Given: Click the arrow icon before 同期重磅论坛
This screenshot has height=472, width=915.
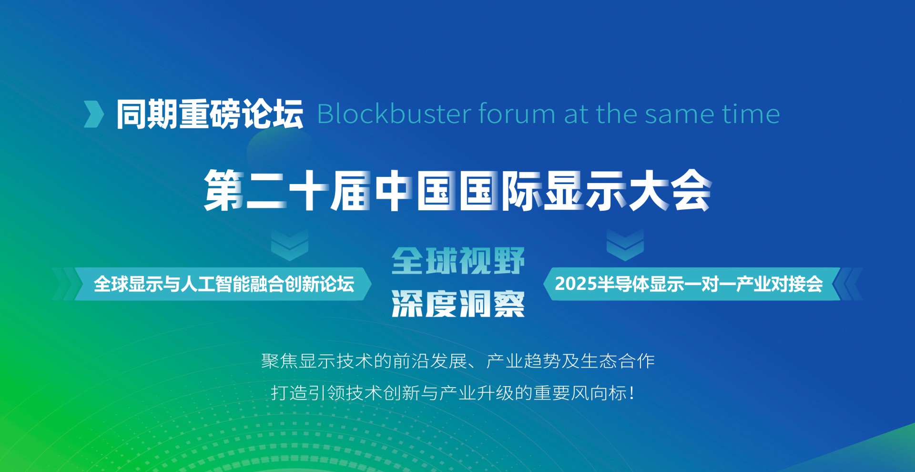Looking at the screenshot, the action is click(x=94, y=114).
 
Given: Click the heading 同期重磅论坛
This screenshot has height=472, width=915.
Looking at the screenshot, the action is click(x=210, y=114).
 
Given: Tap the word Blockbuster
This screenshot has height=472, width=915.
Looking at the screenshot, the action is click(x=394, y=114).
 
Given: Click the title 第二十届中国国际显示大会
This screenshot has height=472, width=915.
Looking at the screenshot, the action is click(x=457, y=190).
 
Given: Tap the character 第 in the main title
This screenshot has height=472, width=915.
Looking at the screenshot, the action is click(x=224, y=190).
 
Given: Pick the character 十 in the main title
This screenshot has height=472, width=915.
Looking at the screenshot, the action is click(x=309, y=190).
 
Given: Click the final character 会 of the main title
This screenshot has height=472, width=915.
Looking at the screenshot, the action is click(x=691, y=190).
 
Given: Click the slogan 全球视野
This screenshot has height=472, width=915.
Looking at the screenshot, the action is click(x=458, y=261).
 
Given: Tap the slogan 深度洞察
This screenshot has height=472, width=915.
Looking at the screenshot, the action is click(x=458, y=304).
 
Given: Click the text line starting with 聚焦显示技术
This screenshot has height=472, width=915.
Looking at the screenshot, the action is click(x=458, y=361).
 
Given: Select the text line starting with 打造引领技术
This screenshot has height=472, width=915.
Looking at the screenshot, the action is click(x=453, y=393).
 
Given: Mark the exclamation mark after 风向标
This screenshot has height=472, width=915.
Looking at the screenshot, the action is click(x=631, y=393).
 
